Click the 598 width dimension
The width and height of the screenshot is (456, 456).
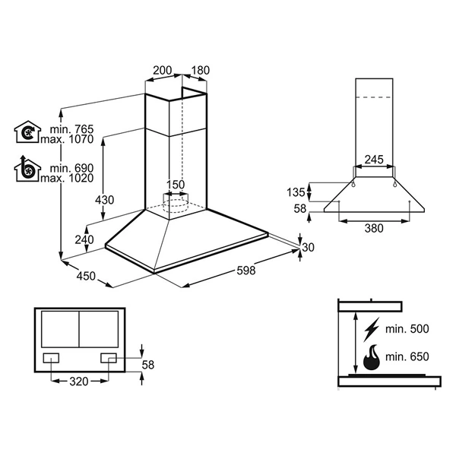pos(246,271)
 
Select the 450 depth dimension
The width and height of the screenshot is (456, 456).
pos(86,276)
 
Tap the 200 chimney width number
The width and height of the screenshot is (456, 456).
pos(163,71)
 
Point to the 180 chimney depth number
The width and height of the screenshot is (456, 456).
pos(201,71)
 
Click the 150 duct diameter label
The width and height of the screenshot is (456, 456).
pos(176,185)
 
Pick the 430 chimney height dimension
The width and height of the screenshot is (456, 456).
pos(104,200)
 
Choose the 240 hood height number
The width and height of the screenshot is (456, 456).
pos(84,239)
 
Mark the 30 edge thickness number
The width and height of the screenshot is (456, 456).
pos(309,247)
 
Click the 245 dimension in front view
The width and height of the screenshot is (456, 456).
pos(374,160)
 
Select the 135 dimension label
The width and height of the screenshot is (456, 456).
pos(296,192)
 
